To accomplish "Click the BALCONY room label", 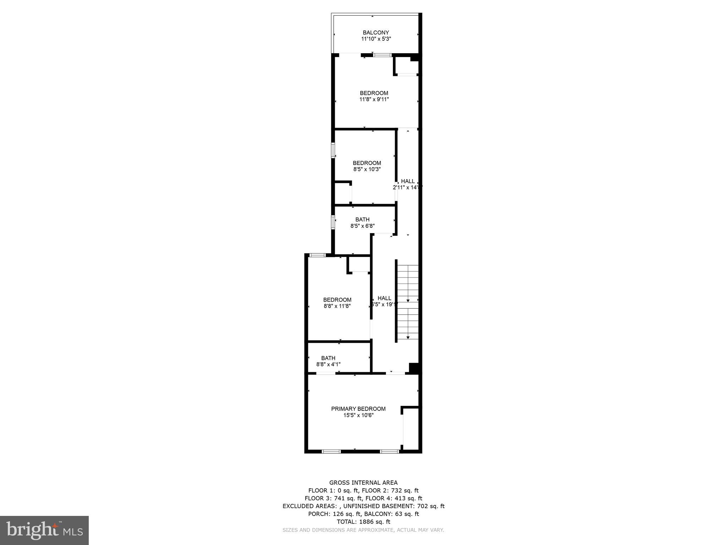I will tap(376, 33).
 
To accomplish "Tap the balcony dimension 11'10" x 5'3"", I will tap(376, 39).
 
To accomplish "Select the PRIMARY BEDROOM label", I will tap(358, 409).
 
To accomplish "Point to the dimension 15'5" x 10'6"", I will tap(358, 415).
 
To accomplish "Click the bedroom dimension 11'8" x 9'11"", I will tap(374, 100).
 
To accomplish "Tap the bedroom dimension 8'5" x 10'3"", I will tap(367, 170).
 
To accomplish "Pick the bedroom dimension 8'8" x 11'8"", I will tap(337, 306).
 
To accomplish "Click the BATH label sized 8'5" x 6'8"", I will tap(362, 220).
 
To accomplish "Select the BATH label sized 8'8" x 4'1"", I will tap(328, 358).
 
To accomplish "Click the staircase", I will tap(408, 302).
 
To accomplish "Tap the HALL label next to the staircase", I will tap(384, 298).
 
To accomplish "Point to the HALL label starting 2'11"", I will tap(408, 181).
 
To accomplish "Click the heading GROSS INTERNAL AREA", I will tap(363, 483).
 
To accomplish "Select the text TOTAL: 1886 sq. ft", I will tap(363, 522).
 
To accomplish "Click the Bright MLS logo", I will tap(44, 530).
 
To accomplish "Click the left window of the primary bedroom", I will tap(331, 452).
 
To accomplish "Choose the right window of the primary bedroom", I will tap(389, 452).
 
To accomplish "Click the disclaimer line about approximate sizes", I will tap(363, 530).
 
